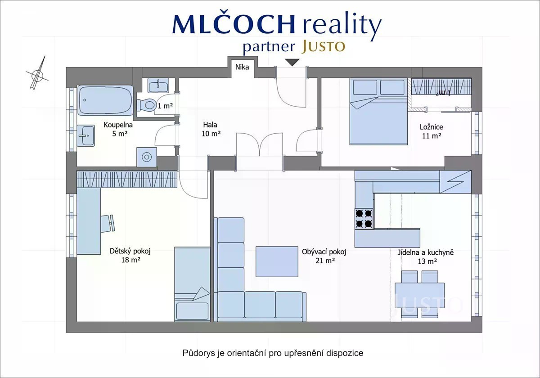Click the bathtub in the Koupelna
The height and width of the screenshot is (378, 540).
point(105,100)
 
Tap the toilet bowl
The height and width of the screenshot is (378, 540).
point(146,105)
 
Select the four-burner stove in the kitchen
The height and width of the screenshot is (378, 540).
point(364,219)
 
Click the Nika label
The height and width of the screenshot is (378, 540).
point(242,67)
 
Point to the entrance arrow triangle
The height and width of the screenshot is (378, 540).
point(292,62)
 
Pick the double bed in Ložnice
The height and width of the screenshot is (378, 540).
point(378,112)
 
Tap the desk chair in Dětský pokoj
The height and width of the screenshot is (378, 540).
point(108,224)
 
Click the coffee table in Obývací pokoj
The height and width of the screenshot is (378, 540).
point(277,261)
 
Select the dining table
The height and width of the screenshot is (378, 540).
point(419,296)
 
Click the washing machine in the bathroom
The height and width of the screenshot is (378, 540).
point(147,157)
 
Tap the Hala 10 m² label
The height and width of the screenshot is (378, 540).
point(211,129)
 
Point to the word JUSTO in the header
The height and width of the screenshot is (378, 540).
point(323,46)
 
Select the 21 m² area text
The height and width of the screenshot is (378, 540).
point(325,261)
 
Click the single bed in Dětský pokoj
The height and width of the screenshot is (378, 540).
point(192,284)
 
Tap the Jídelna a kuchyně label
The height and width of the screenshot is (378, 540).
point(426,252)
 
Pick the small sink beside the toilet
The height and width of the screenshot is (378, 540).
point(158,86)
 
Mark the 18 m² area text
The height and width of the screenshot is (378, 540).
point(130,260)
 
